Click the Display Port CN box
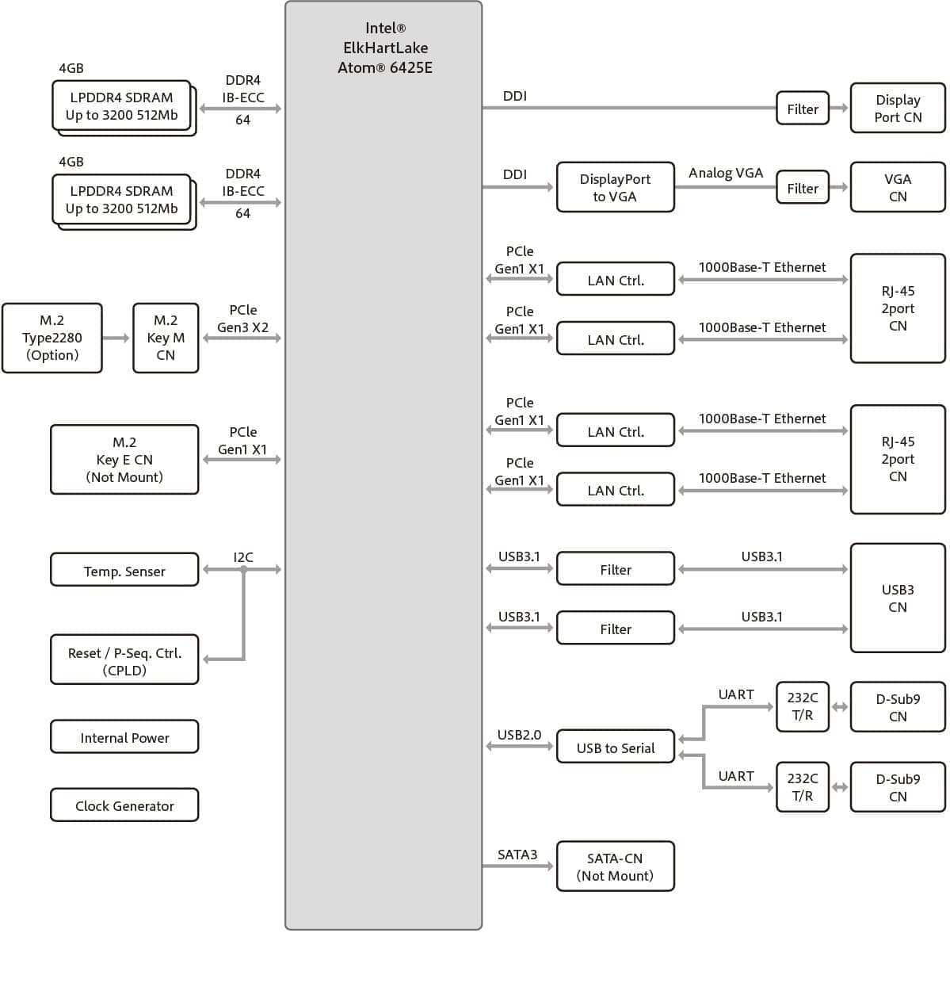(898, 108)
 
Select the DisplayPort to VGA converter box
(615, 187)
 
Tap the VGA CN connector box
(898, 187)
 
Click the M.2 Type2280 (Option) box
(52, 338)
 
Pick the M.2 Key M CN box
(166, 338)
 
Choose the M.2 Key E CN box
(124, 460)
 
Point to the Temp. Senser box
(124, 570)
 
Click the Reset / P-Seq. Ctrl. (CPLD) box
(124, 660)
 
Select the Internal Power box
(124, 737)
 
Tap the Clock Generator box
(124, 805)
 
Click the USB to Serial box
(615, 747)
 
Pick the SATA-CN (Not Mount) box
(615, 866)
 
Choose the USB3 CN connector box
(898, 598)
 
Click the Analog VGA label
(726, 173)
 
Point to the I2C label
(243, 557)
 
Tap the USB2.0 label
(519, 735)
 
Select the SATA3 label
(517, 855)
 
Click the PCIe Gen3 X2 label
(243, 319)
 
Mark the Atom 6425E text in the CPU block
(385, 68)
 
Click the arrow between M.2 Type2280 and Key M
(117, 338)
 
